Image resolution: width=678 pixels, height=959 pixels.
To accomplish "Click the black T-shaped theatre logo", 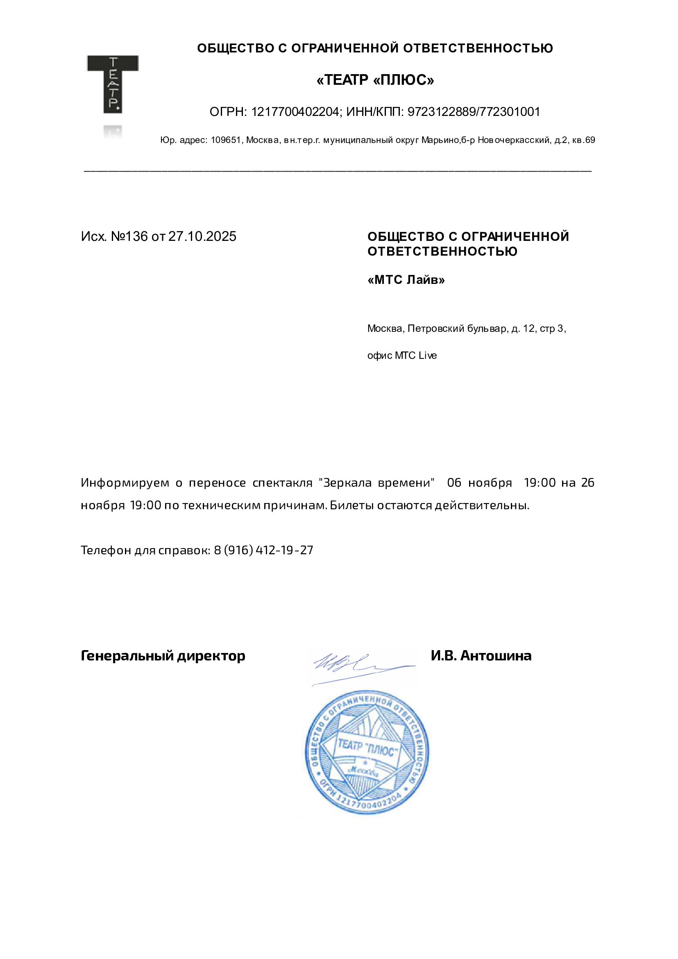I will pos(112,84).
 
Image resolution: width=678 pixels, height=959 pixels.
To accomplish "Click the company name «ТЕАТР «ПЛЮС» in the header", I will pos(375,80).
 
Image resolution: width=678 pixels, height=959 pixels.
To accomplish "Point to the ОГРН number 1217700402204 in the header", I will pos(295,112).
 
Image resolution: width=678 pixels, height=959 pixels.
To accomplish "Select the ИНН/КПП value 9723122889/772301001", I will pos(474,112).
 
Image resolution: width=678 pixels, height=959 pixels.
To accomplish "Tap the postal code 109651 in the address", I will pos(226,141).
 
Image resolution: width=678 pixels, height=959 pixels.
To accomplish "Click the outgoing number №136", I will pos(129,236).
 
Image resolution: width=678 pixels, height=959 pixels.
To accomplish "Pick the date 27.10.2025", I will pos(202,236).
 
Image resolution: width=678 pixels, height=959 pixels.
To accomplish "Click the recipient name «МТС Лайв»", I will pos(406,279).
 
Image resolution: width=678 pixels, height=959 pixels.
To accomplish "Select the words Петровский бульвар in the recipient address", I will pos(458,329).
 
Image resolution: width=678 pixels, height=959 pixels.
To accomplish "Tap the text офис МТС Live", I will pos(402,356).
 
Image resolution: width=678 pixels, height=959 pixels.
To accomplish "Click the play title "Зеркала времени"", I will pos(376,483).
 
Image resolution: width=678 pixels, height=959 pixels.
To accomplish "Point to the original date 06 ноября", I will pos(479,483).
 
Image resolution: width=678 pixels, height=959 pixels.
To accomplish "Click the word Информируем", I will pos(125,483).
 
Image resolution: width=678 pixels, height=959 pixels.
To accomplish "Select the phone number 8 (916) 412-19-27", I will pos(263,550).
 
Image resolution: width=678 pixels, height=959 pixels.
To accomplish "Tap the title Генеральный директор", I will pos(163,656).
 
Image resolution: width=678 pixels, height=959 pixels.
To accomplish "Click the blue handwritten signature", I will pos(359,664).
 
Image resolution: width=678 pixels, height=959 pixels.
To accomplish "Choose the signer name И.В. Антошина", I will pos(481,656).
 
